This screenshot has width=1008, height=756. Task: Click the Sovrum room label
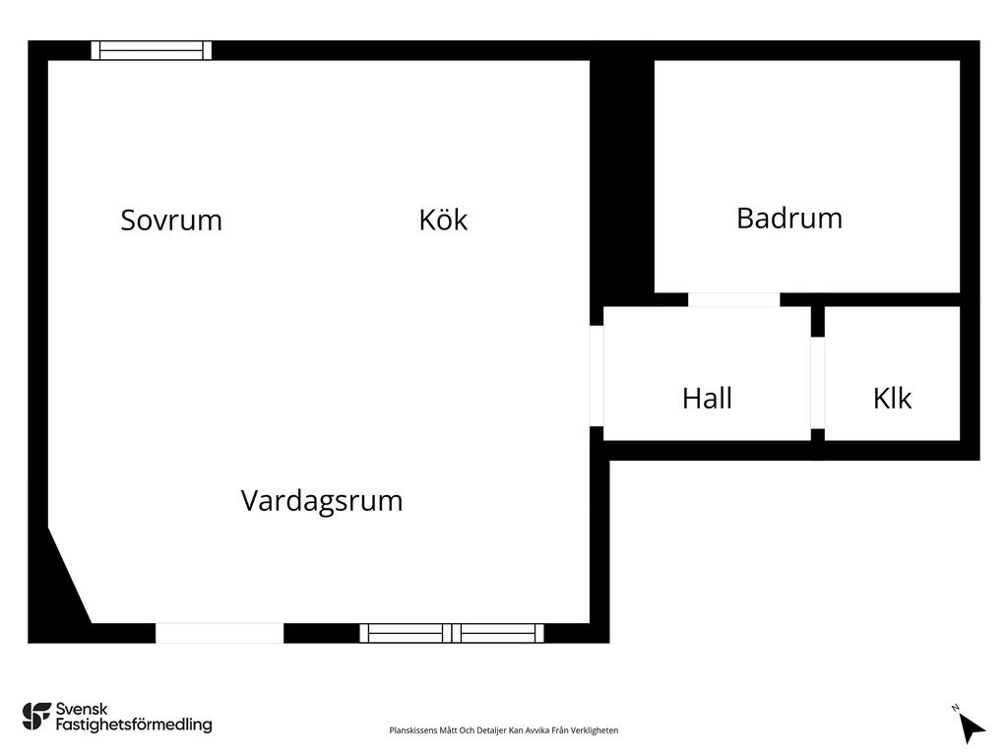171,220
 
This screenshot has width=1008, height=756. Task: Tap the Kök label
443,220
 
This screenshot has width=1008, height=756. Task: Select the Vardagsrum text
322,501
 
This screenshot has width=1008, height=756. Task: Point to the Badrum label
789,218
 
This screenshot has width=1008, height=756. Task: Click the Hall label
707,398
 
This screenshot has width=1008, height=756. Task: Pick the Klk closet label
892,398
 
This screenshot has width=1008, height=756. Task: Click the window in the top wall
151,50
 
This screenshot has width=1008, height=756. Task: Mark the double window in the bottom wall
452,633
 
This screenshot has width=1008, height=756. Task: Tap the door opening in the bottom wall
220,633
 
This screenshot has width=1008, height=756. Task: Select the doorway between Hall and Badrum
733,299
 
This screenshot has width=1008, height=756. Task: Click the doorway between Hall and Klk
817,383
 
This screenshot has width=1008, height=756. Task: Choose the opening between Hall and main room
597,376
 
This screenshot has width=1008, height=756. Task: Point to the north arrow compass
970,725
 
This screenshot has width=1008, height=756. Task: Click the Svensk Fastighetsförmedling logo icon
36,717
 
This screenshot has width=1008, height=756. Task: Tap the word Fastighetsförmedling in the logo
134,724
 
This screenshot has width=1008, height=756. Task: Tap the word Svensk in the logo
82,709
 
